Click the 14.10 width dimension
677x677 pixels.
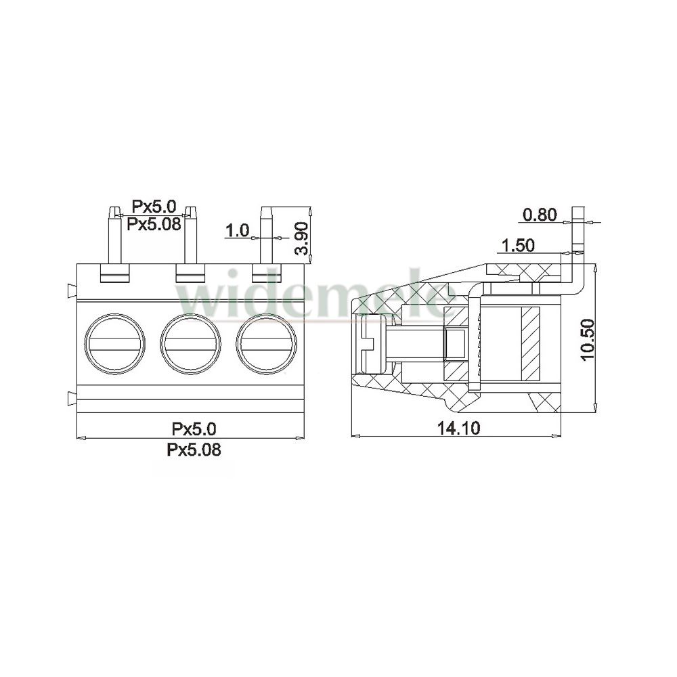458,429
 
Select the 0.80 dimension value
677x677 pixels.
540,215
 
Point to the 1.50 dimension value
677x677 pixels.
517,246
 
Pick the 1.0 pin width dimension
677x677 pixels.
238,231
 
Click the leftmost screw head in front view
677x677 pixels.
114,345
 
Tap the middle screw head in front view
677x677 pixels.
190,345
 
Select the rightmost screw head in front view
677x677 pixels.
267,345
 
